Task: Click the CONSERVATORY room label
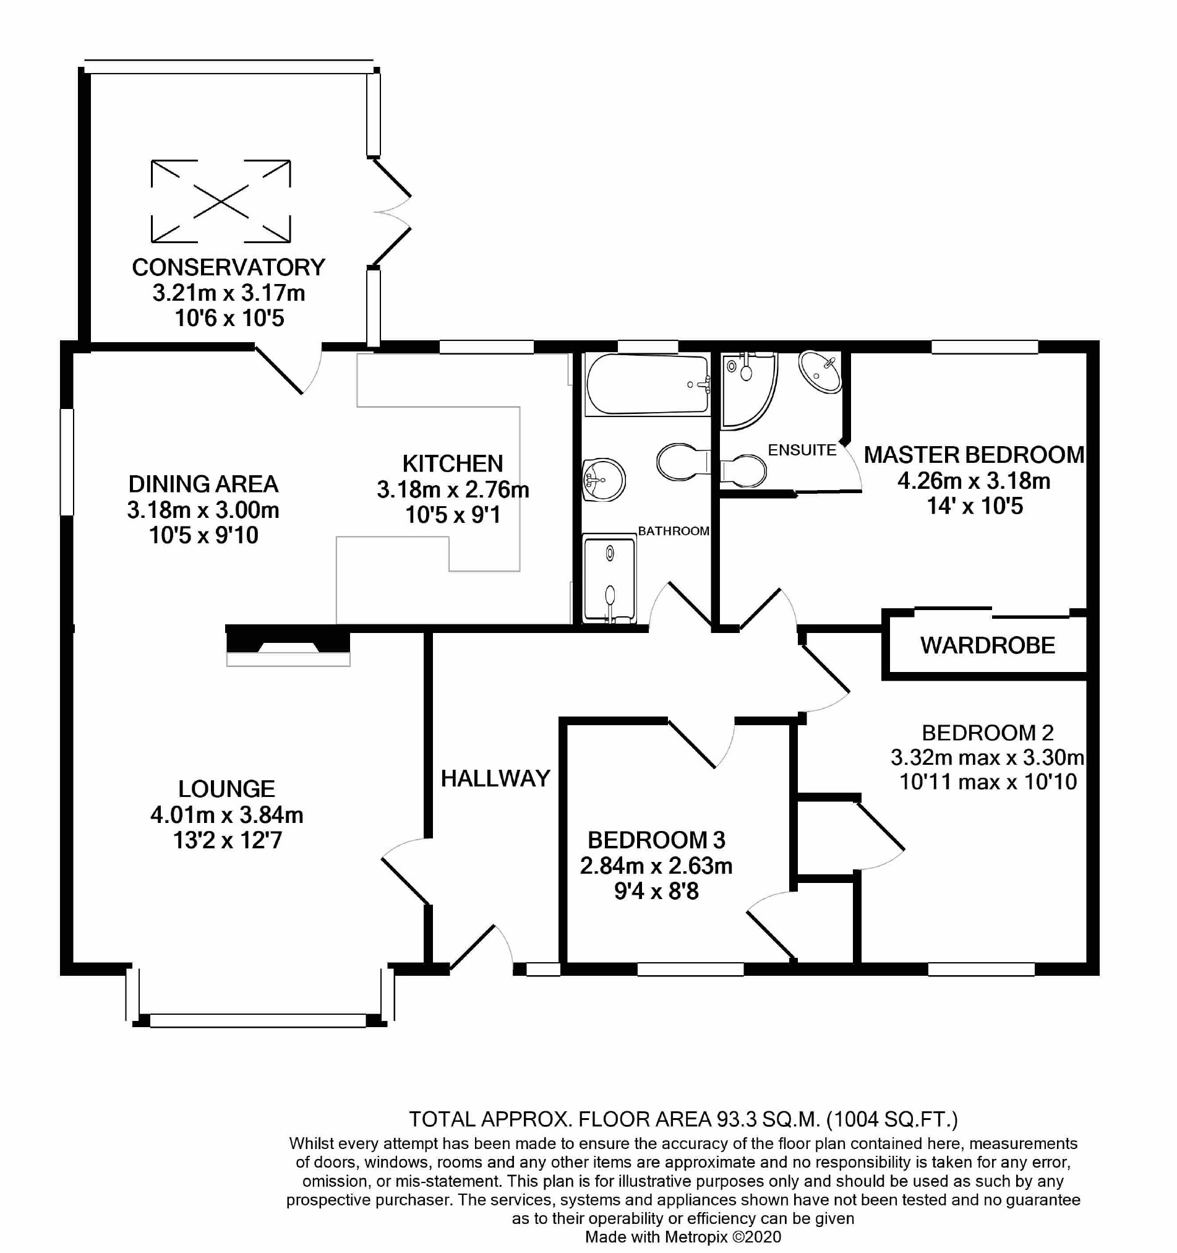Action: point(228,267)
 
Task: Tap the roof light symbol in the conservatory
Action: point(221,201)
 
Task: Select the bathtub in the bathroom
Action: point(647,384)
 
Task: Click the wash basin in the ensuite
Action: point(820,372)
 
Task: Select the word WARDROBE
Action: point(987,645)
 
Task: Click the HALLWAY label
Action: point(495,778)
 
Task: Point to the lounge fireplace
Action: point(288,647)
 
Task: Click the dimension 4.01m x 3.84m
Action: point(227,815)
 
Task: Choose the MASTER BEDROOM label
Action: point(974,454)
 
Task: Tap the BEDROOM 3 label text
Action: point(657,840)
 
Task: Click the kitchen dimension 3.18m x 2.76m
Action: point(453,489)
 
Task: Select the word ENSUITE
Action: point(802,450)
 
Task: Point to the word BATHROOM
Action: point(674,531)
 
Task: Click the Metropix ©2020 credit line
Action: point(683,1237)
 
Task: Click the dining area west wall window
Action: point(67,462)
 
